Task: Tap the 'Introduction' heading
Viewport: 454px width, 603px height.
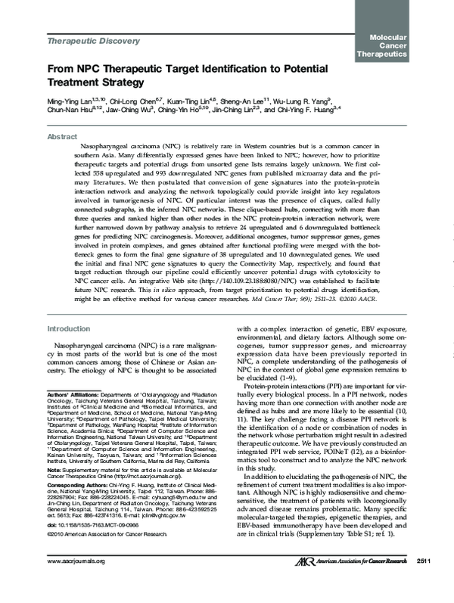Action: point(69,329)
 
